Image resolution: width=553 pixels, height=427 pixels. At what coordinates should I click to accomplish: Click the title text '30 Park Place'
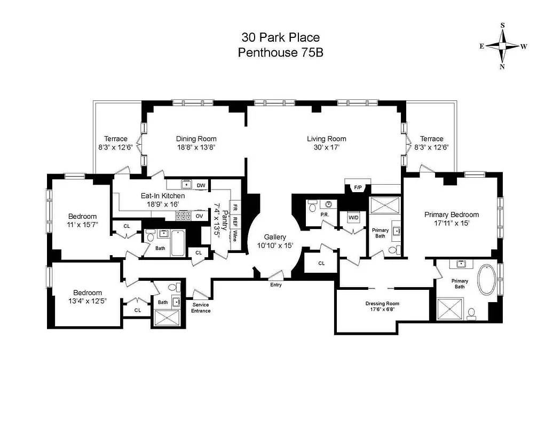click(280, 37)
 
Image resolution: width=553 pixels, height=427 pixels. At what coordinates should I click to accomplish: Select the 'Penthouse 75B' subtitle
click(280, 52)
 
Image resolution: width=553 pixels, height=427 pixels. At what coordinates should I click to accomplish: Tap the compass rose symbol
click(502, 46)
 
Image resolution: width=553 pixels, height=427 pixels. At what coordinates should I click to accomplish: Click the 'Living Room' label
click(326, 139)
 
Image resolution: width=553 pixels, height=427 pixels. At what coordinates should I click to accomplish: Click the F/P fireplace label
click(357, 187)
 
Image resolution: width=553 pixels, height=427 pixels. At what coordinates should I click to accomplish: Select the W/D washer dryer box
click(353, 218)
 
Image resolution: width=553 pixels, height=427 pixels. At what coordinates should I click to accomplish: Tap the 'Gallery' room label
click(275, 237)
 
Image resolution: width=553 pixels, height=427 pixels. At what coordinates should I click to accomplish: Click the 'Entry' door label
click(275, 284)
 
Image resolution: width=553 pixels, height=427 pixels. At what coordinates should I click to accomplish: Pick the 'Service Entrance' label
click(201, 307)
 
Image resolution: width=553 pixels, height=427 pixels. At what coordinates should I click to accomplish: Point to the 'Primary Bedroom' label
click(451, 215)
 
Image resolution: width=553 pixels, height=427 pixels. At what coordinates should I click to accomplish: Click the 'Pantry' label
click(225, 220)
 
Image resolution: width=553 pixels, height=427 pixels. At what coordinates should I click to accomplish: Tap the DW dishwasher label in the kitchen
click(201, 185)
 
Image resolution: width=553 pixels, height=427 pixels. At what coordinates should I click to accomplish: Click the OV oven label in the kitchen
click(199, 216)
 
